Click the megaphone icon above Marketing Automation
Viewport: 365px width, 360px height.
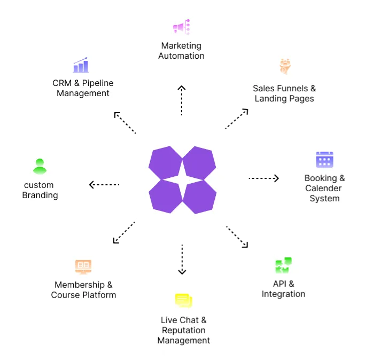click(x=181, y=27)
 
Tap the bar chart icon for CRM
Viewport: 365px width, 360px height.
click(x=81, y=65)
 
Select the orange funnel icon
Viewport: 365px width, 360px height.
click(x=284, y=66)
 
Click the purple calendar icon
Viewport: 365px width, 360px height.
click(x=324, y=159)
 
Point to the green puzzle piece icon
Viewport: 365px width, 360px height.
click(x=283, y=265)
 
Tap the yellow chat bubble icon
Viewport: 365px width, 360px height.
click(x=183, y=300)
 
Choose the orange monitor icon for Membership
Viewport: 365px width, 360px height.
click(x=83, y=267)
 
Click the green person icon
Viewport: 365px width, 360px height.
click(x=40, y=166)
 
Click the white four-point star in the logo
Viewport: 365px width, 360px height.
click(x=182, y=179)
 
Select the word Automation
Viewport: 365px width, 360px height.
click(x=181, y=56)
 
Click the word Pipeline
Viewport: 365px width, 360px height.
click(x=97, y=83)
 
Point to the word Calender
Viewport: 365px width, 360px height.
click(x=323, y=188)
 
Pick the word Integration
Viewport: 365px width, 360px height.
click(x=283, y=294)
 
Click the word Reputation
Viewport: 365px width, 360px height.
click(x=183, y=330)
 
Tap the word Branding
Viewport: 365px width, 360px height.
click(x=40, y=195)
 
